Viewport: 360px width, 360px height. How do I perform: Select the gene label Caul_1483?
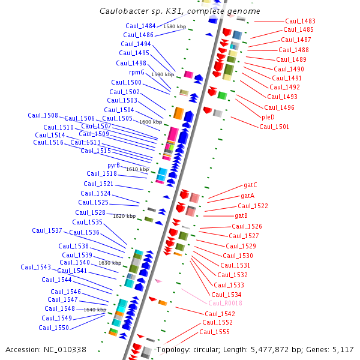(300, 21)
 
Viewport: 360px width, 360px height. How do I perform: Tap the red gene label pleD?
(268, 117)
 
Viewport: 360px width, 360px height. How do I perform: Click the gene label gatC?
(250, 185)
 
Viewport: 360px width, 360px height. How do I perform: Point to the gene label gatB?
(241, 216)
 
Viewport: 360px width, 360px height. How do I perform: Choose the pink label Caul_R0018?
(225, 303)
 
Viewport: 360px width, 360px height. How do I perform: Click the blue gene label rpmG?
(137, 73)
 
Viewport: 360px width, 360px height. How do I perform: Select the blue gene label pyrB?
(113, 166)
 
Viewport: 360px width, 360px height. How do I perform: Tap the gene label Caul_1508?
(43, 115)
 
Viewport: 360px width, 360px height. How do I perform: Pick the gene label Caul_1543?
(35, 267)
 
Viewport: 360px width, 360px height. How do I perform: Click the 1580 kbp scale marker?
(175, 26)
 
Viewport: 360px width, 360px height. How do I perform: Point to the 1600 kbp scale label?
(151, 122)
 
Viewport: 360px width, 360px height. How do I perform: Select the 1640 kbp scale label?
(95, 310)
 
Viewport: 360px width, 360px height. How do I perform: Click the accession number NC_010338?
(65, 350)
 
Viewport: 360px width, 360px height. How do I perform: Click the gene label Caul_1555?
(214, 332)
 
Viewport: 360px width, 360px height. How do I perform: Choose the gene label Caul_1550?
(53, 328)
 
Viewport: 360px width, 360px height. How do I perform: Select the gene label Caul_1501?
(274, 127)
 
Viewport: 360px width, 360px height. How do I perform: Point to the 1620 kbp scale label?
(124, 216)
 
